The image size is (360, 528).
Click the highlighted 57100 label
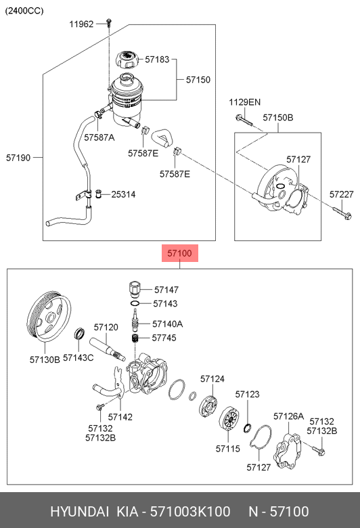180,253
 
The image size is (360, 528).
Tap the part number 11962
81,24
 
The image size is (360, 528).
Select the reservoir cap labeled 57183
127,60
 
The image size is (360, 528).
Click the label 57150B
278,118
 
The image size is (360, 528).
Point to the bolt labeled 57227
342,213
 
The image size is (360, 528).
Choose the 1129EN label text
245,102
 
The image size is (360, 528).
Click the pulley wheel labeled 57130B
49,316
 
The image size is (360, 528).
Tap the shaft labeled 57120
108,349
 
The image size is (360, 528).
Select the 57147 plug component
134,289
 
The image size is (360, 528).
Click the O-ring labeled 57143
135,303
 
